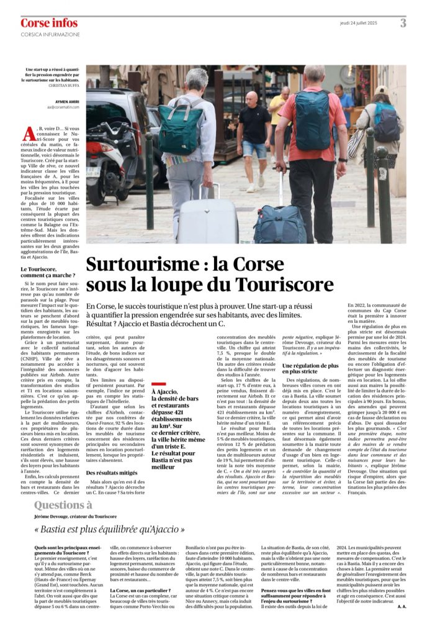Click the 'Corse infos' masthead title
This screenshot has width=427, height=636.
click(x=49, y=24)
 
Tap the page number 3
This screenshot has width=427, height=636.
click(x=403, y=24)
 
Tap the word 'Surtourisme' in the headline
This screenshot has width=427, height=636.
click(x=142, y=265)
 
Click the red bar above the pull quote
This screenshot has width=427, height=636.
click(x=159, y=384)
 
